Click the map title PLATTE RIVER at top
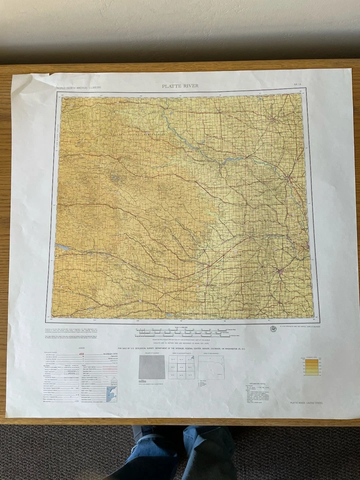(180, 86)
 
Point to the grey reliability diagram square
(151, 367)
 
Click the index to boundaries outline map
(211, 367)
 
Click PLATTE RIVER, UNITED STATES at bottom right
(306, 402)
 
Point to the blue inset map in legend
(111, 393)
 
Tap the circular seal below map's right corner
(273, 328)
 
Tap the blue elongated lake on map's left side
(63, 246)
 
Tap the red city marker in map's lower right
(280, 271)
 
